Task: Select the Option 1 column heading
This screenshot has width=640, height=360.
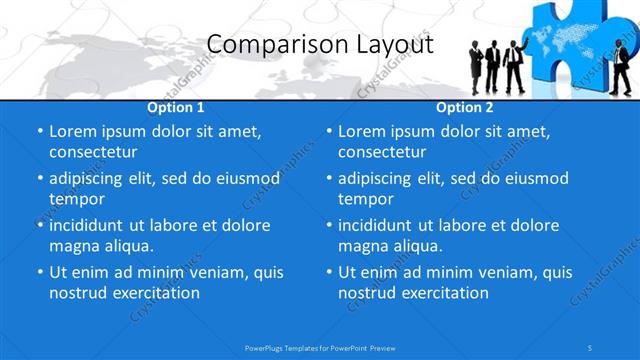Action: (x=176, y=107)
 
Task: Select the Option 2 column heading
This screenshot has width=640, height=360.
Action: (x=465, y=107)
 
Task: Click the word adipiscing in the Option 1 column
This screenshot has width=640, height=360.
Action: (x=93, y=178)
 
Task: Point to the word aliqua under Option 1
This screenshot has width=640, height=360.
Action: (x=127, y=246)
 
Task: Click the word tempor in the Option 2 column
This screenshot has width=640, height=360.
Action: (x=365, y=199)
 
